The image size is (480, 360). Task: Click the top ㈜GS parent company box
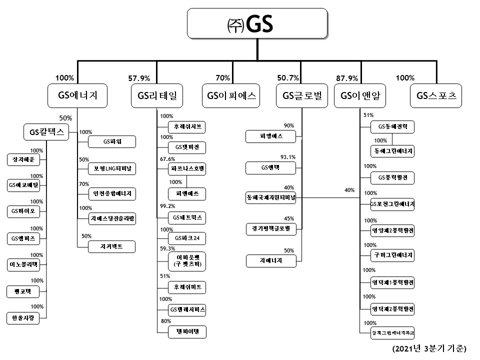257,24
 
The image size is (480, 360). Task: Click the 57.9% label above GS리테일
139,78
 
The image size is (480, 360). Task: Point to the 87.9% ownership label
347,78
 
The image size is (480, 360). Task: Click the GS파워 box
112,142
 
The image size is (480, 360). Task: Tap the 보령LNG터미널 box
112,168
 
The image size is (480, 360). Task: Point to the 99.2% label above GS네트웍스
168,205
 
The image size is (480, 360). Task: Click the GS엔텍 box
271,167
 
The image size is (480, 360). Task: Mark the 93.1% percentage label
288,157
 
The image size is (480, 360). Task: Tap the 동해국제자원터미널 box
271,197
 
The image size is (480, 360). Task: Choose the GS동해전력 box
392,127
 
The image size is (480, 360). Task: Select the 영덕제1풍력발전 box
392,282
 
